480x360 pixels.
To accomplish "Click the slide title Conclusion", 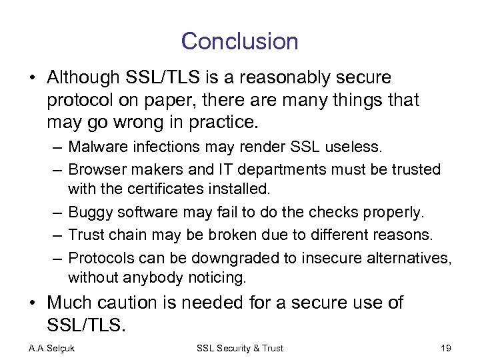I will click(x=239, y=41).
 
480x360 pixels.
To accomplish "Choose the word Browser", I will click(x=93, y=169).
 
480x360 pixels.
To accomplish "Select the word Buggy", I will click(x=90, y=212).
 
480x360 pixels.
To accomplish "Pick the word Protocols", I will click(x=97, y=257).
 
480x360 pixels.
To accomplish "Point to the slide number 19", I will click(x=445, y=348).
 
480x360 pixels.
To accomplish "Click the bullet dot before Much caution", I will click(x=31, y=303).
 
